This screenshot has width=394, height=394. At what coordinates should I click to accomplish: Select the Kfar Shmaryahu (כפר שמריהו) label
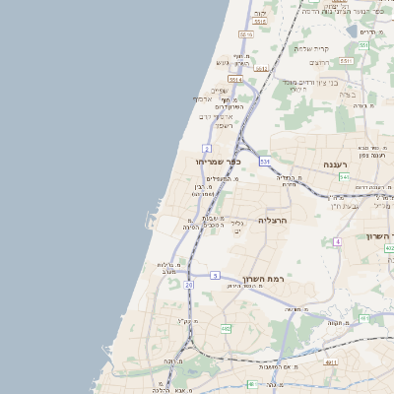219,161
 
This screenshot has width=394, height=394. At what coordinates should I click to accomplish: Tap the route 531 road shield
265,160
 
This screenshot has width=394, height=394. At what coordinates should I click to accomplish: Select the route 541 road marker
344,177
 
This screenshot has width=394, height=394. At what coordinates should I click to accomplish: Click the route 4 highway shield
337,241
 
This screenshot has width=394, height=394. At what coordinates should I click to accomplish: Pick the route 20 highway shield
188,285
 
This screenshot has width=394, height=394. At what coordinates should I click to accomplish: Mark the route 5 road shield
215,276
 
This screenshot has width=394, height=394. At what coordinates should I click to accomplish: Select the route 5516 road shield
260,21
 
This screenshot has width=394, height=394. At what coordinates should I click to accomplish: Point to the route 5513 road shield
246,34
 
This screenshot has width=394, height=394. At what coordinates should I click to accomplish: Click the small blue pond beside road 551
353,31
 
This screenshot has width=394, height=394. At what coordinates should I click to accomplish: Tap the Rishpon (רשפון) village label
224,125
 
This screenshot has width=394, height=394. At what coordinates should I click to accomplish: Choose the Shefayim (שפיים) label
219,91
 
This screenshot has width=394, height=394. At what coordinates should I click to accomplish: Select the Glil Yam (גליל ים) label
238,229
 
